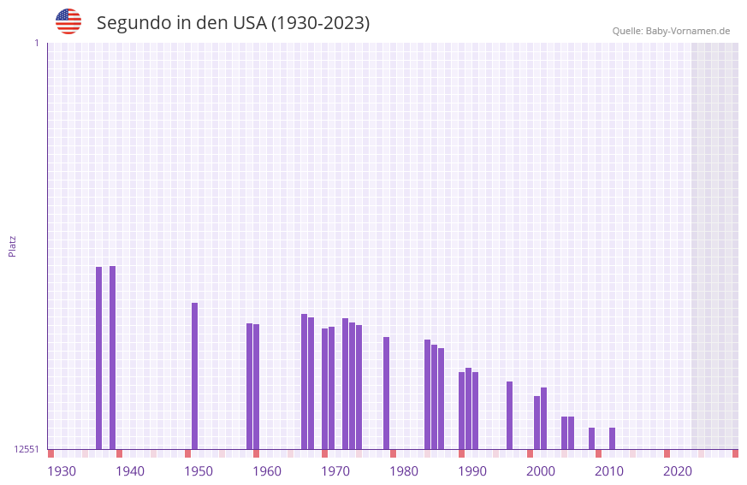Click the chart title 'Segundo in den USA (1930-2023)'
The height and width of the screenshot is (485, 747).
233,23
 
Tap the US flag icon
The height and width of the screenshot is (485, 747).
68,21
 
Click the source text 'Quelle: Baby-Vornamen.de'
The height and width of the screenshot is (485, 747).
671,31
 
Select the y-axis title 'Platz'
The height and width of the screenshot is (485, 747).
12,245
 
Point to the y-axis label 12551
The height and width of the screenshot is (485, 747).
27,449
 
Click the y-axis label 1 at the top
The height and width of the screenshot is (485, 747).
36,43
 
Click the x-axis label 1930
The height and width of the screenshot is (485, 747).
62,471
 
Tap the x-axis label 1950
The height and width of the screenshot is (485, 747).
199,471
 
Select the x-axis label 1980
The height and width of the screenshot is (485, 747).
404,471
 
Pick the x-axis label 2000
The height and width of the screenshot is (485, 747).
541,471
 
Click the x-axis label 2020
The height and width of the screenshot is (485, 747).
678,471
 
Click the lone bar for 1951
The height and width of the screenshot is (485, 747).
194,376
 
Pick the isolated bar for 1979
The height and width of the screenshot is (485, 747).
386,393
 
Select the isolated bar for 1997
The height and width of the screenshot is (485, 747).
509,415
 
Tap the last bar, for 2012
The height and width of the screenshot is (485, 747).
612,438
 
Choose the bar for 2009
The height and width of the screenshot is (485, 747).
591,438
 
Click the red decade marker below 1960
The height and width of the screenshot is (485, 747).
256,453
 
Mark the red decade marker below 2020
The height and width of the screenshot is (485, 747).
667,453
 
